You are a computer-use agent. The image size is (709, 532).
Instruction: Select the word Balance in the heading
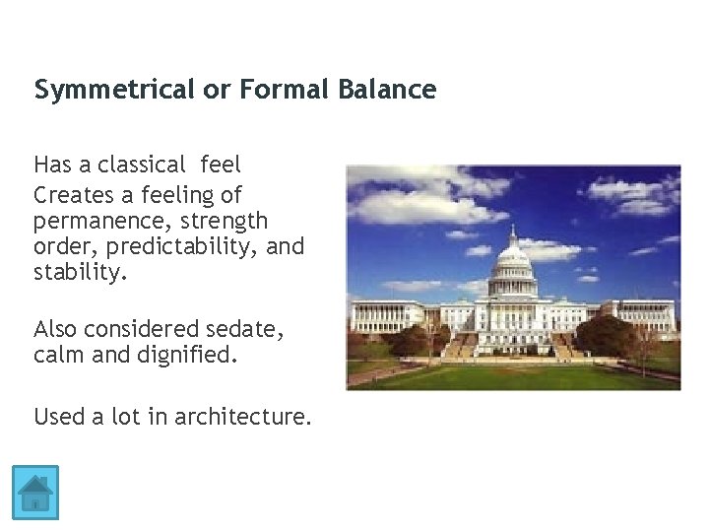(x=387, y=91)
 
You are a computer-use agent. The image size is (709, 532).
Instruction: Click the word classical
(x=141, y=164)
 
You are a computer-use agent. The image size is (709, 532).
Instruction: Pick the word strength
(x=224, y=219)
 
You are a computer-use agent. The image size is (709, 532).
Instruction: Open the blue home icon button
(x=36, y=493)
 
